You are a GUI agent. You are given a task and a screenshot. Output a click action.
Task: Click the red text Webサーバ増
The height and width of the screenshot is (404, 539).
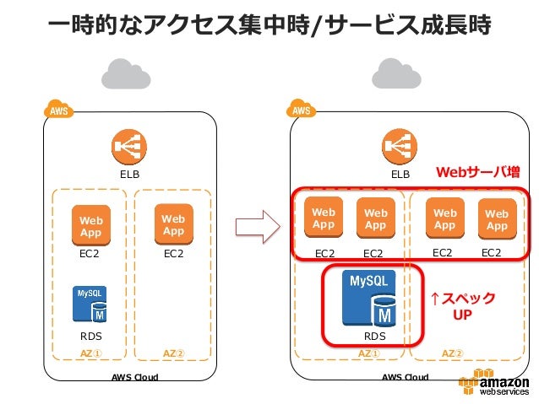click(x=477, y=173)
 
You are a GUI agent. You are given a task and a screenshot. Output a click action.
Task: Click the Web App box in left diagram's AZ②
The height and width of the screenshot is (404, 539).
click(x=173, y=224)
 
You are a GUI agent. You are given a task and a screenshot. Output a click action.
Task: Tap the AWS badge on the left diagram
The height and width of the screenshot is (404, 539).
click(x=57, y=110)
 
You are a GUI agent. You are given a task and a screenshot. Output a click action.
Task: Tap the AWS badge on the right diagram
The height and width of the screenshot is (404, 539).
click(x=301, y=110)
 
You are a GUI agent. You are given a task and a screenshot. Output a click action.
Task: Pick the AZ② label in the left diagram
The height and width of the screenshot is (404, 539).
click(x=173, y=353)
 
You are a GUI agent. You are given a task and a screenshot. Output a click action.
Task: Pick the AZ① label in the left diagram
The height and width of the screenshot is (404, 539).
click(x=90, y=353)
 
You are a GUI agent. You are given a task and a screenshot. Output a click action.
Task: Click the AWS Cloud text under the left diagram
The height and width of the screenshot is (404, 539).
click(x=135, y=377)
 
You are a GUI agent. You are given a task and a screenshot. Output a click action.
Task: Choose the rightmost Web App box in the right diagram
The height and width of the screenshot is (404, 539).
click(x=497, y=219)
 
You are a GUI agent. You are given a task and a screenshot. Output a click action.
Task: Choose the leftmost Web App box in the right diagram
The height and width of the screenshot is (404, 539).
click(x=324, y=218)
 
